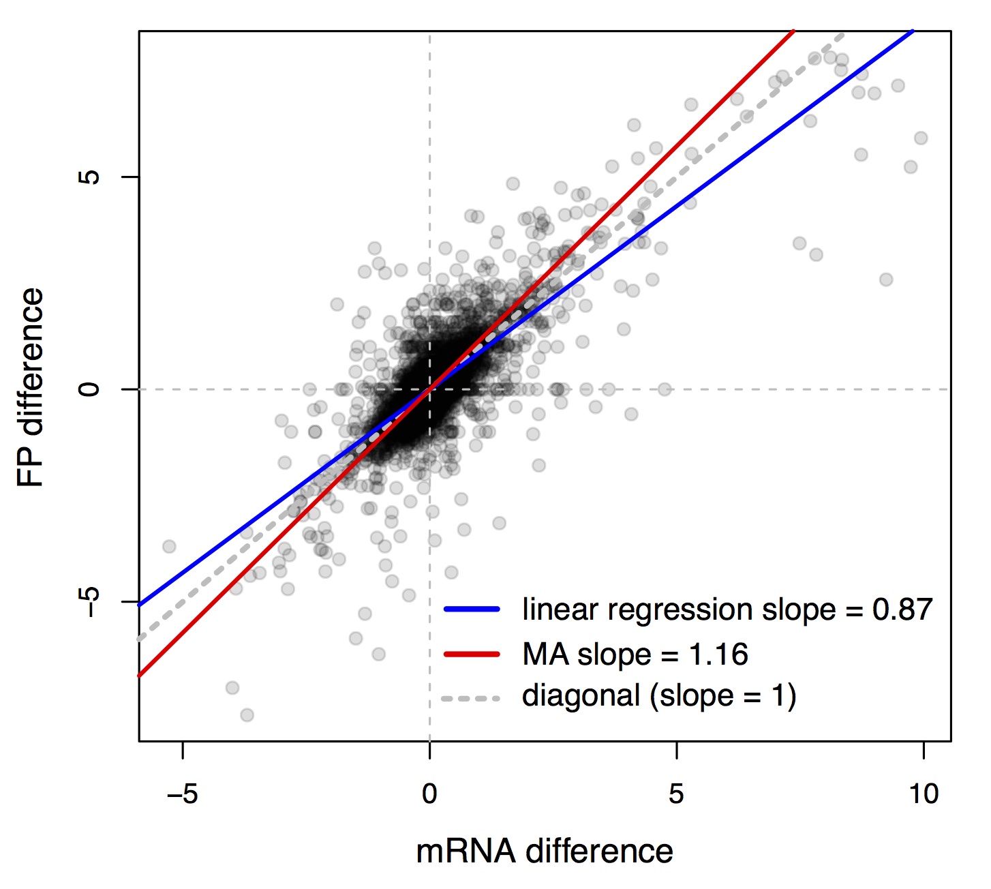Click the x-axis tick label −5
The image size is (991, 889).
click(x=182, y=794)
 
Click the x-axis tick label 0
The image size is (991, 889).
click(x=429, y=794)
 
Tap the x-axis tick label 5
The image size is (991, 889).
click(x=675, y=794)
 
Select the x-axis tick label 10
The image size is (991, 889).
click(x=923, y=794)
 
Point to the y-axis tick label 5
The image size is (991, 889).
click(x=89, y=177)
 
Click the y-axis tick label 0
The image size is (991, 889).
click(x=89, y=389)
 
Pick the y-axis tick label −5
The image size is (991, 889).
click(x=89, y=601)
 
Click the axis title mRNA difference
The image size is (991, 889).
click(x=544, y=852)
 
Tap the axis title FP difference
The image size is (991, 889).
click(x=31, y=387)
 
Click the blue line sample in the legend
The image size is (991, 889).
click(x=472, y=609)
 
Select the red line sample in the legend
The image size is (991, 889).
click(x=472, y=654)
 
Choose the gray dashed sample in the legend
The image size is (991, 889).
click(x=472, y=698)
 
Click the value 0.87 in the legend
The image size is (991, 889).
click(x=902, y=609)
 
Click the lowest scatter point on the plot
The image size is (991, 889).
click(x=247, y=714)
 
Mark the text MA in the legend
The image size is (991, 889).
click(x=545, y=654)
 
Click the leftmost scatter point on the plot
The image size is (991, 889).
click(x=169, y=546)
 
